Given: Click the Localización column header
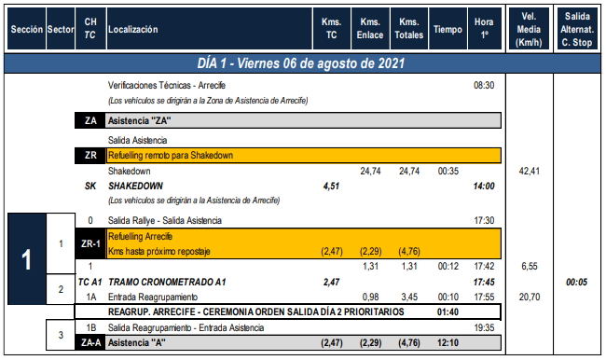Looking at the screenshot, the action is pos(133,30).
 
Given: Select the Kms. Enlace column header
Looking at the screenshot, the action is pos(370,29).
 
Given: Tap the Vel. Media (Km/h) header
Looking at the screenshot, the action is pos(529,30).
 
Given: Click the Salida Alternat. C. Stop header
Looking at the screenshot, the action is pos(576,30).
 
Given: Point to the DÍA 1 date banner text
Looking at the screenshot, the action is pos(301,63).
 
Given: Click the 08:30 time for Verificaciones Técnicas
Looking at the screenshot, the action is pos(484,85).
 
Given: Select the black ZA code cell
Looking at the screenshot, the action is pos(90,120).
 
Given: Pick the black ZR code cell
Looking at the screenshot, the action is pos(90,156).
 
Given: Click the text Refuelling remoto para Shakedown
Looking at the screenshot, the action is pos(171,156).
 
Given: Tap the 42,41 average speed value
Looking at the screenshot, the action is pos(530,171).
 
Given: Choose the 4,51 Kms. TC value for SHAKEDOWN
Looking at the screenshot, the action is pos(331,186).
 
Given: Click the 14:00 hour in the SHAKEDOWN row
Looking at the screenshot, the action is pos(484,186).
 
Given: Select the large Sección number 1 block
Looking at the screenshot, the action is pos(27,258).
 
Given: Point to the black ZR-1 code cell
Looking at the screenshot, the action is pos(90,243).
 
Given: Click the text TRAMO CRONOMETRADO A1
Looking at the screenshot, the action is pos(167,282).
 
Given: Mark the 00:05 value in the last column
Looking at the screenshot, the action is pos(576,282).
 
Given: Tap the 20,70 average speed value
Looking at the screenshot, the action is pos(530,297).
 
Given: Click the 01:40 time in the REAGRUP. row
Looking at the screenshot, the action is pos(448,312).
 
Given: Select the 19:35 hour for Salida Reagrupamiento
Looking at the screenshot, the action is pos(484,328).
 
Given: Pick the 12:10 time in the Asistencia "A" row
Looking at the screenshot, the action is pos(448,343).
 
